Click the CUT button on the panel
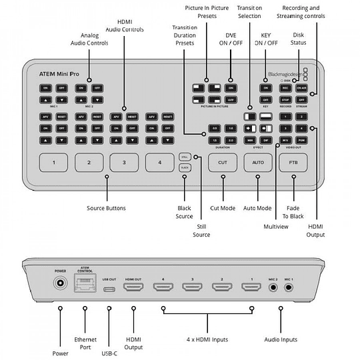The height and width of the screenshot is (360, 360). coord(223,161)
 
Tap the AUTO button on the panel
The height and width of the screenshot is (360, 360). coord(257,161)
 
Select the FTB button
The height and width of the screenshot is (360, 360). coord(292,161)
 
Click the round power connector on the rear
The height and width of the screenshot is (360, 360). coord(60,286)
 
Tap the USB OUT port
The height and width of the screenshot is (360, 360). coord(110,287)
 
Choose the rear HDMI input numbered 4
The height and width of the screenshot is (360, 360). coord(163,287)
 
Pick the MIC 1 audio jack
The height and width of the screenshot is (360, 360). coord(289,287)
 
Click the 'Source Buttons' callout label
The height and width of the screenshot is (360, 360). coord(107,208)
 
